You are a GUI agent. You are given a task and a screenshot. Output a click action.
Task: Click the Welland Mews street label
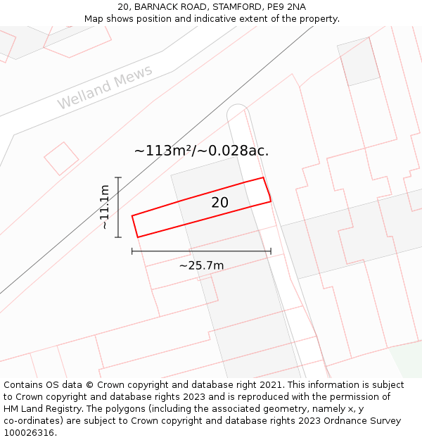tap(105, 88)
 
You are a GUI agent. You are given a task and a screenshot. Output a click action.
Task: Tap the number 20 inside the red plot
tap(220, 203)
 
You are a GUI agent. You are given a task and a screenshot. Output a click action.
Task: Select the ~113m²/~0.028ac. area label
tap(201, 151)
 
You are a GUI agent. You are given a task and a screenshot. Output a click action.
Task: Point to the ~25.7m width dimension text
tap(201, 265)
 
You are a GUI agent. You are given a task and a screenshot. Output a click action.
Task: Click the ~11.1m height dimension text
tap(104, 207)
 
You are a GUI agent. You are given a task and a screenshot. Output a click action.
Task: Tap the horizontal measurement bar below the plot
tap(201, 251)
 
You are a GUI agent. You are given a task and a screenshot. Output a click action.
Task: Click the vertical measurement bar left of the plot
tap(118, 207)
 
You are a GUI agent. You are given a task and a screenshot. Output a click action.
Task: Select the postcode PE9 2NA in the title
tap(286, 7)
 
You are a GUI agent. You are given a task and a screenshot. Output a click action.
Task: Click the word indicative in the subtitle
tap(204, 18)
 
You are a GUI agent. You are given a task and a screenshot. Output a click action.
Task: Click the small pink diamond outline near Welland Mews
tap(62, 158)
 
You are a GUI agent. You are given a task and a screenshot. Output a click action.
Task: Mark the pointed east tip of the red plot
tap(271, 201)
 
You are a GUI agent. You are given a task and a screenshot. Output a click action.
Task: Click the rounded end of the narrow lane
tap(237, 111)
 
